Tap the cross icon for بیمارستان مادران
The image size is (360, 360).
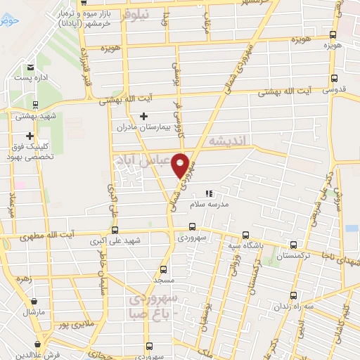pos(144,116)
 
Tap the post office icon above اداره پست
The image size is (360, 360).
pos(30,68)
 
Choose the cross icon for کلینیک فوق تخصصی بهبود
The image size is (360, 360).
pos(30,136)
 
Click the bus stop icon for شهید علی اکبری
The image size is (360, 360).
pos(115,230)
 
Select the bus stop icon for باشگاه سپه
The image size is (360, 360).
pos(245,236)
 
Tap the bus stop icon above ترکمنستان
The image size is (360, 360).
pos(293,245)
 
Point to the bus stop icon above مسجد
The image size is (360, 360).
pos(164,269)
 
